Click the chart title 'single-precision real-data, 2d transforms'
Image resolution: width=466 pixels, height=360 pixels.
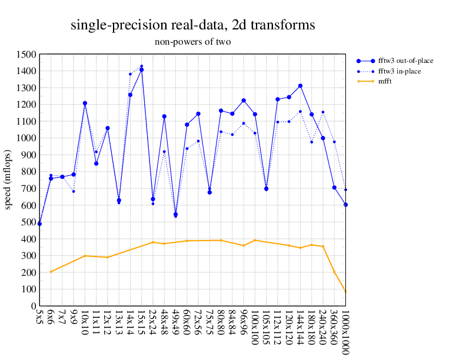pos(192,25)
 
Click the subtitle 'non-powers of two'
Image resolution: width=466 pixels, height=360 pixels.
pos(192,42)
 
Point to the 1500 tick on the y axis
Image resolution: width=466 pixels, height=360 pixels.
pos(25,55)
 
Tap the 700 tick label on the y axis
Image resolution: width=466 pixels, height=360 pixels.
pos(28,189)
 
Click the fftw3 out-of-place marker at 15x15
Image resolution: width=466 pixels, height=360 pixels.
pos(141,69)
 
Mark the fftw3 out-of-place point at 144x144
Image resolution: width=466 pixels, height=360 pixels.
pos(300,86)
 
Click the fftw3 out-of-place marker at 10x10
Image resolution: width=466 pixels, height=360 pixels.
pos(85,103)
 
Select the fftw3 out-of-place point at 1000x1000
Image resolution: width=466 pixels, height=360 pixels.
pos(345,205)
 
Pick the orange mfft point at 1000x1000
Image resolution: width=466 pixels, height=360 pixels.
pos(345,291)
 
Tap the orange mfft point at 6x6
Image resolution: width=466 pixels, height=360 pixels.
pos(51,272)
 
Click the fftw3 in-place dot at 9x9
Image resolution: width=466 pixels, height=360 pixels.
pos(74,191)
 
